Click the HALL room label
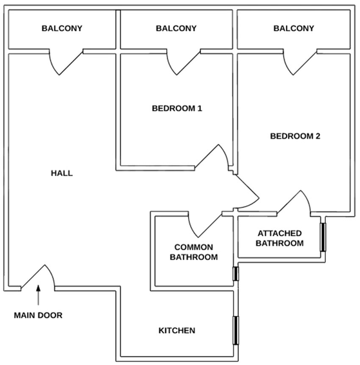(x=62, y=173)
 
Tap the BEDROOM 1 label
(x=177, y=108)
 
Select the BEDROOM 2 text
(x=295, y=136)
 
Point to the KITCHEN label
(x=176, y=331)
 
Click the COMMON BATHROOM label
(x=194, y=252)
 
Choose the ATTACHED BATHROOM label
(x=279, y=238)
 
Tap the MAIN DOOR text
(x=38, y=315)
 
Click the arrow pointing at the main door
(x=39, y=295)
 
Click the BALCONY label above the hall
(x=62, y=28)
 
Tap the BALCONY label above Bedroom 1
(x=176, y=28)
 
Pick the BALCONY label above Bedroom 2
(x=294, y=28)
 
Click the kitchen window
(x=236, y=330)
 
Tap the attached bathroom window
(x=323, y=237)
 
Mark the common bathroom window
(x=236, y=273)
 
